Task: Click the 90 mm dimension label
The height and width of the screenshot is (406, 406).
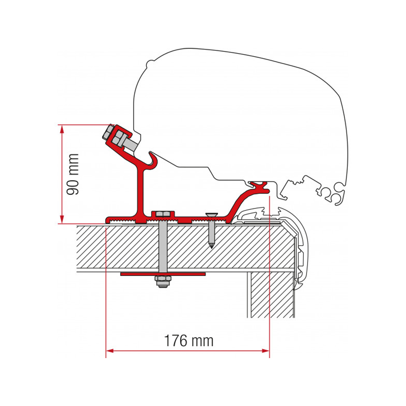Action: tap(73, 174)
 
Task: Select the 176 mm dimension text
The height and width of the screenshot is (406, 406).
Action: tap(188, 341)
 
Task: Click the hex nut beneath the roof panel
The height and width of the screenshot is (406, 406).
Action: tap(162, 281)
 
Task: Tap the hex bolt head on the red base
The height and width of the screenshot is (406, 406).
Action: tap(162, 214)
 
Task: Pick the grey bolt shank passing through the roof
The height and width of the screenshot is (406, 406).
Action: tap(162, 248)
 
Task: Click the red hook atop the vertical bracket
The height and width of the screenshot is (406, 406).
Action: tap(153, 159)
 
